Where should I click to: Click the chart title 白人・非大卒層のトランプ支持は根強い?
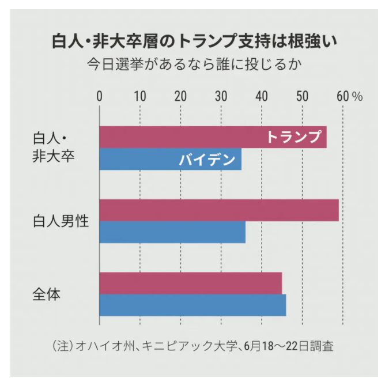tap(193, 41)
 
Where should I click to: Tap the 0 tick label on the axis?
tap(100, 96)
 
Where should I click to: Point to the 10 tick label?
tap(140, 96)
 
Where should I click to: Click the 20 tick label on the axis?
tap(180, 96)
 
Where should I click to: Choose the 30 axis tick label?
tap(221, 96)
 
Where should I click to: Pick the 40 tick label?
tap(262, 96)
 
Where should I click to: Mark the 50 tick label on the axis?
tap(302, 96)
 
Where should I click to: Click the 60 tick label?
tap(343, 96)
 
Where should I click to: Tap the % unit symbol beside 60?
tap(357, 96)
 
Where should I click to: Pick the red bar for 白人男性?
tap(219, 210)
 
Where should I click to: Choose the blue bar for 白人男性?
tap(172, 232)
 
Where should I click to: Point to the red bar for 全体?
tap(190, 283)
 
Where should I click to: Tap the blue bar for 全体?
tap(192, 305)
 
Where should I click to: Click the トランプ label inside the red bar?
tap(293, 137)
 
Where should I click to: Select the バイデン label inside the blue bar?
tap(207, 160)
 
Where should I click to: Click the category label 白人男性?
tap(61, 221)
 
